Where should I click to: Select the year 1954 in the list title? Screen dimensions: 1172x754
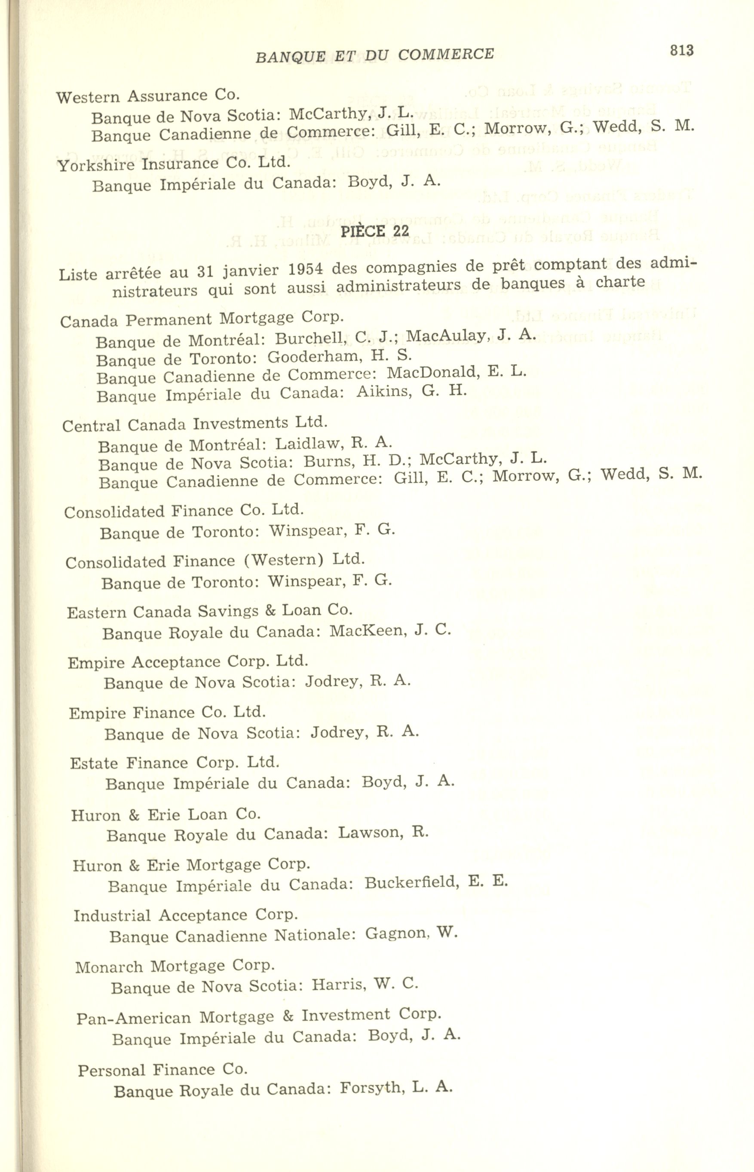(x=303, y=269)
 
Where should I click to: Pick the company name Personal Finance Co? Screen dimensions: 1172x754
(x=162, y=1070)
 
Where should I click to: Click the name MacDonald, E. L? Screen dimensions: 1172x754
(x=457, y=373)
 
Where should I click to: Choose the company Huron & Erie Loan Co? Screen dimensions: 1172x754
(x=166, y=815)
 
